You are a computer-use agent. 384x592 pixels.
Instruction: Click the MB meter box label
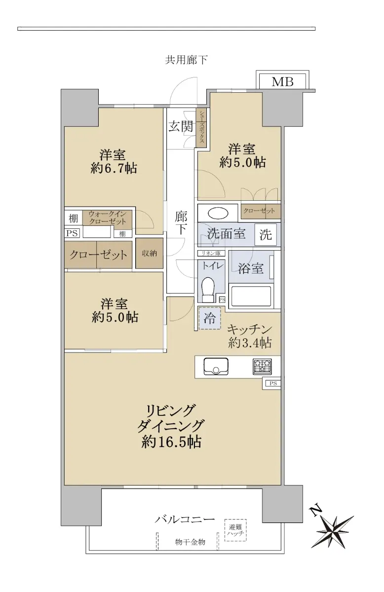pyautogui.click(x=282, y=82)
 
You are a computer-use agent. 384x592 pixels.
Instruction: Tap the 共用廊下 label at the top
pyautogui.click(x=186, y=60)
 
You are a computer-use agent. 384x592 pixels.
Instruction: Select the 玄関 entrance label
pyautogui.click(x=181, y=127)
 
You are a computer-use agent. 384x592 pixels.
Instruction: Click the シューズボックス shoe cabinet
pyautogui.click(x=201, y=128)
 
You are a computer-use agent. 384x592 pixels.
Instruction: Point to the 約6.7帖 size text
pyautogui.click(x=114, y=168)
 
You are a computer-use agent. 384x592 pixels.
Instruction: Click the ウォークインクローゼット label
pyautogui.click(x=107, y=218)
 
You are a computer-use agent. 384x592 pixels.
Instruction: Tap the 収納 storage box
pyautogui.click(x=149, y=254)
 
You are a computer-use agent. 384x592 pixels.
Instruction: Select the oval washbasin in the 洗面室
pyautogui.click(x=218, y=214)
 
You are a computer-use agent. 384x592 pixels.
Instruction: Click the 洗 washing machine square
pyautogui.click(x=266, y=234)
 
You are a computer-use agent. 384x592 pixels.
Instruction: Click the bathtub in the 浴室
pyautogui.click(x=251, y=296)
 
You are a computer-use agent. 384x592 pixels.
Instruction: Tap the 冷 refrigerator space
pyautogui.click(x=209, y=318)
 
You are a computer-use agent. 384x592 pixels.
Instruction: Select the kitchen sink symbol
pyautogui.click(x=216, y=367)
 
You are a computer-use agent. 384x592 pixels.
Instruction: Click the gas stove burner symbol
pyautogui.click(x=262, y=367)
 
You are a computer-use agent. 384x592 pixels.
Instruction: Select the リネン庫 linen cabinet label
pyautogui.click(x=211, y=253)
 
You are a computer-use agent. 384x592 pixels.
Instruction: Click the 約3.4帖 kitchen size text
pyautogui.click(x=250, y=343)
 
